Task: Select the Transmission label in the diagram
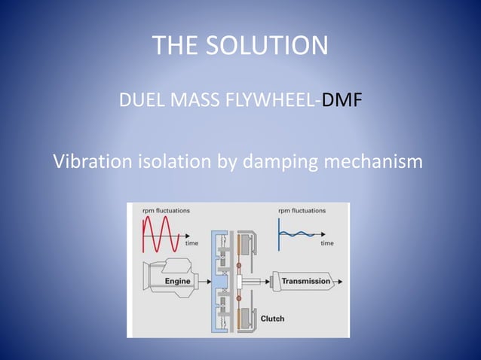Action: [305, 282]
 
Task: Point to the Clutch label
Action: [272, 319]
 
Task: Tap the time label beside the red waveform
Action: [191, 243]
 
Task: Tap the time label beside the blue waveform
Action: [327, 243]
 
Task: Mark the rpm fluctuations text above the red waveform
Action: [166, 210]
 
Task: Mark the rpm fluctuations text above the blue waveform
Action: [302, 210]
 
